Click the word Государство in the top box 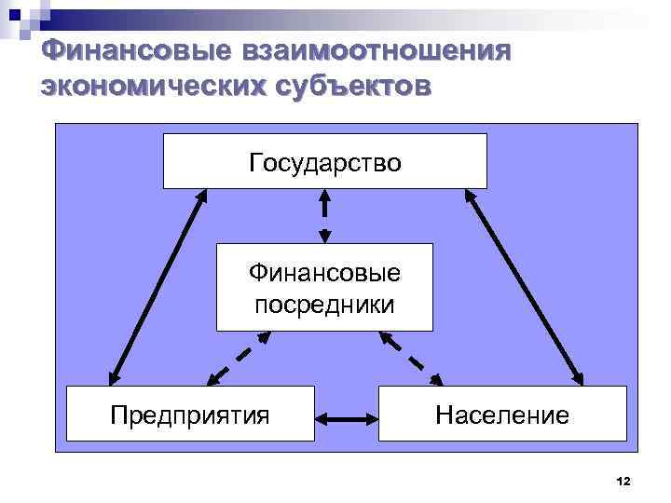pyautogui.click(x=324, y=163)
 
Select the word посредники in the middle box pyautogui.click(x=324, y=305)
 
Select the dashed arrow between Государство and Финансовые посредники pyautogui.click(x=324, y=215)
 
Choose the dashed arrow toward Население pyautogui.click(x=411, y=358)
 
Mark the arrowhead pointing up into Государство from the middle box pyautogui.click(x=324, y=197)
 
